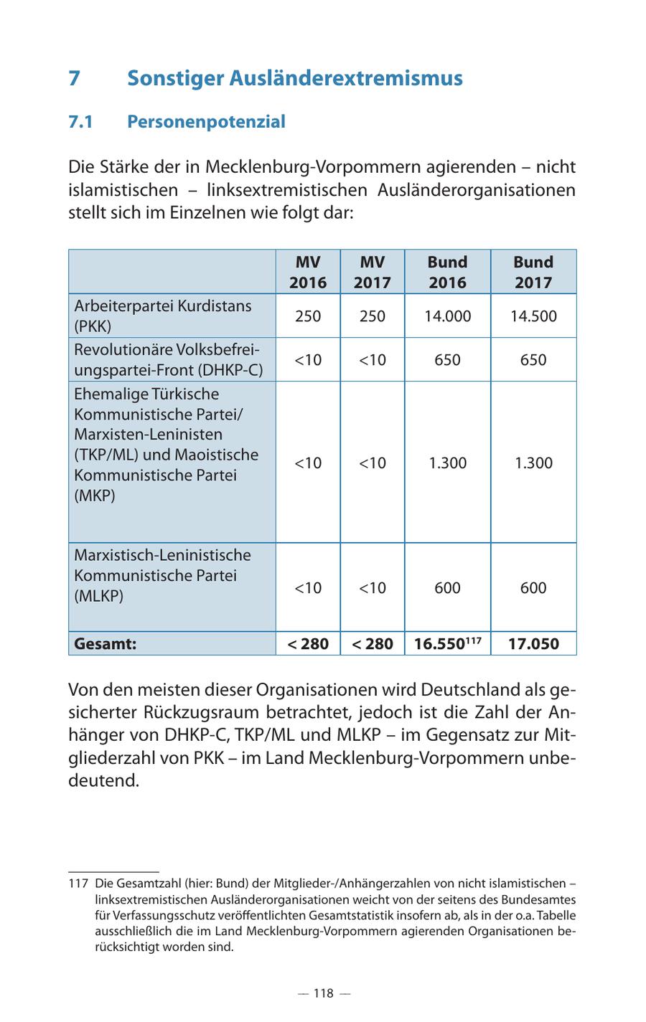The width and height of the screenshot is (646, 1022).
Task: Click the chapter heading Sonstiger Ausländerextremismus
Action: [x=294, y=78]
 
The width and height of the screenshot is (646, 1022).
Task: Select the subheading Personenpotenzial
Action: [x=206, y=122]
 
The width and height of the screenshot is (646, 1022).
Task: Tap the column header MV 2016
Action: [x=308, y=272]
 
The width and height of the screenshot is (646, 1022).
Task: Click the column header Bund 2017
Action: [x=533, y=272]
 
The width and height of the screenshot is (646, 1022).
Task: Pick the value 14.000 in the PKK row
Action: [x=447, y=316]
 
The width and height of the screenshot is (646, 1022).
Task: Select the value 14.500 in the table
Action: [x=533, y=316]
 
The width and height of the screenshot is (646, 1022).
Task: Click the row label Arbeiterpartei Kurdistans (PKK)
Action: [x=163, y=316]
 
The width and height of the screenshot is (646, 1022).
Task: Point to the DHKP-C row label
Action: [x=168, y=359]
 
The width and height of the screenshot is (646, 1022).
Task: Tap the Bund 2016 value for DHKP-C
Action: [x=447, y=359]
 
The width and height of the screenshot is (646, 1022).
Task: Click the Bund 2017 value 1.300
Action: [x=533, y=463]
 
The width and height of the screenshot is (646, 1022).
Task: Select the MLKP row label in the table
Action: [x=163, y=575]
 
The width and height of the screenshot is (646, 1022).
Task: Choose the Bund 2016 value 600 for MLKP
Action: [x=447, y=588]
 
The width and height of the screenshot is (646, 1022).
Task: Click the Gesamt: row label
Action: [x=106, y=643]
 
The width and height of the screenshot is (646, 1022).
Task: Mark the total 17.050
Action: [x=533, y=643]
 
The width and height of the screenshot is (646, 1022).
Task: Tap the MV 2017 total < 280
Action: [x=373, y=643]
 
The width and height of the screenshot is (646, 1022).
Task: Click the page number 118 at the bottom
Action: [x=323, y=993]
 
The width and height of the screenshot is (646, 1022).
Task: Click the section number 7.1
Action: [x=81, y=122]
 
